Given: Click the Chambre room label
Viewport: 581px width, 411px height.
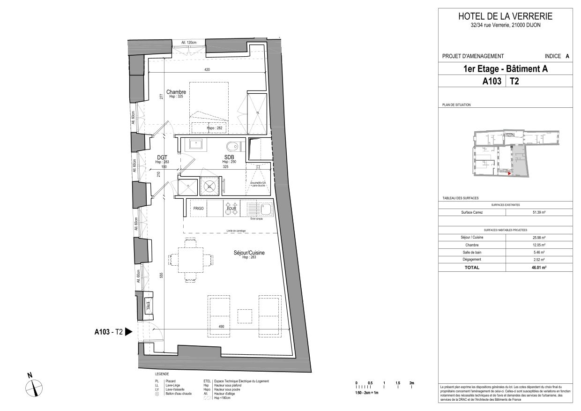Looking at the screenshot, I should tap(176, 92).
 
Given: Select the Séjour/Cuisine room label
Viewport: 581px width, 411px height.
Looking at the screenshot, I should tap(249, 253).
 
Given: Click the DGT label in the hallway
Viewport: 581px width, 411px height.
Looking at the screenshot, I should tap(162, 157).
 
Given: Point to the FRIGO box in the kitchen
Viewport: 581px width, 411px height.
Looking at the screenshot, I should tap(198, 209).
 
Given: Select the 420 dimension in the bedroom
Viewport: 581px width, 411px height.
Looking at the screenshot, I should tap(207, 70).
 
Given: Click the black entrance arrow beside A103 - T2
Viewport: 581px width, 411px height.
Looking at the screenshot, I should tap(129, 332).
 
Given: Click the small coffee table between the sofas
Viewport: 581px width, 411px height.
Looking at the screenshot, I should tap(245, 316).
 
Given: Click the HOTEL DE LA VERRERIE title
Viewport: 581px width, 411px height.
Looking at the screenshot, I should tap(505, 16).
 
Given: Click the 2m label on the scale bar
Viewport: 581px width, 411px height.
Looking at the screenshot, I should tap(411, 383).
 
